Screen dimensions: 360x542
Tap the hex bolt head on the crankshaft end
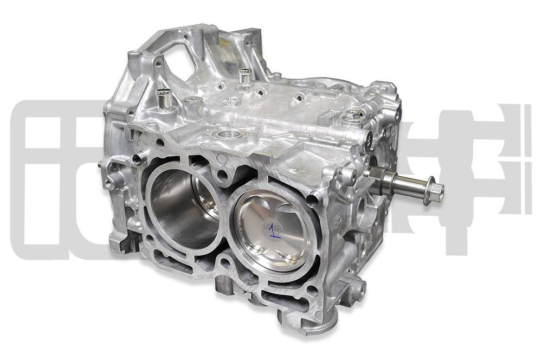pos(435,191)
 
